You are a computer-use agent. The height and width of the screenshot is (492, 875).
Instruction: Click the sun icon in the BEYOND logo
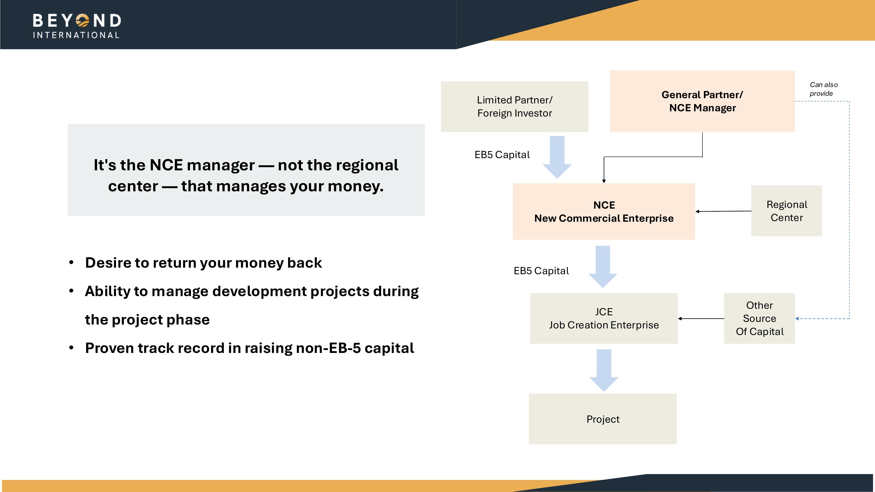click(82, 20)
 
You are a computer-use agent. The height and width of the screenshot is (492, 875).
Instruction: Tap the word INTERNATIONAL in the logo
click(76, 35)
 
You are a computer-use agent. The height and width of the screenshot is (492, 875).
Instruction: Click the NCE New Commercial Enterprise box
click(604, 211)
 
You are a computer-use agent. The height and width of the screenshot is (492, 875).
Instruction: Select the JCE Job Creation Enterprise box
click(604, 318)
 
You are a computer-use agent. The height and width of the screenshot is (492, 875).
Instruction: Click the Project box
click(603, 419)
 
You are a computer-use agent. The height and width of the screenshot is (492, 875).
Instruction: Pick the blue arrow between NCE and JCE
click(603, 267)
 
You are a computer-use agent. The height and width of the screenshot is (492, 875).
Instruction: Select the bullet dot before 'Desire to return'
click(71, 262)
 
